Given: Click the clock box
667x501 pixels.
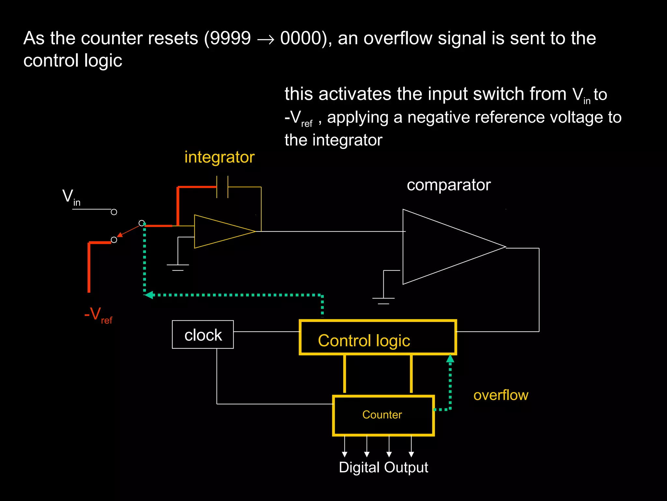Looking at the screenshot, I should [x=203, y=335].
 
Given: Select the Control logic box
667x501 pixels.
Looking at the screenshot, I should [x=377, y=338].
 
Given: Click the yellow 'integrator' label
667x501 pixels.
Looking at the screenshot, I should [x=219, y=157].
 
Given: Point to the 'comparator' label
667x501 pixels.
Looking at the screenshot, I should [x=448, y=185].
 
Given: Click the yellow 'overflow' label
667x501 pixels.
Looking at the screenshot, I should [x=501, y=395].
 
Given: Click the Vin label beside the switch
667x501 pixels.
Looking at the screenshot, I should [x=71, y=197].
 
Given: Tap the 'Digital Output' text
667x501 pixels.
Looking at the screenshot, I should [x=383, y=467].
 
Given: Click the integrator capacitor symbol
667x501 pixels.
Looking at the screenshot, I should [x=222, y=187].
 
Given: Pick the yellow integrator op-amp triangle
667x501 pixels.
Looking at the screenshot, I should [x=218, y=232].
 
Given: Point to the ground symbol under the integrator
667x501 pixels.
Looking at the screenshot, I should [x=177, y=267].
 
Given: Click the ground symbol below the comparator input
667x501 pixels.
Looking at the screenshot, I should [x=383, y=300].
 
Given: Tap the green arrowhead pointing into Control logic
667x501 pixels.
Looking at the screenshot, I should [x=450, y=359].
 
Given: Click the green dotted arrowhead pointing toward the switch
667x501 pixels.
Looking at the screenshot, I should [x=149, y=295].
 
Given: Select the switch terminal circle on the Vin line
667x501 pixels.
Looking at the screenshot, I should [x=114, y=212].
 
